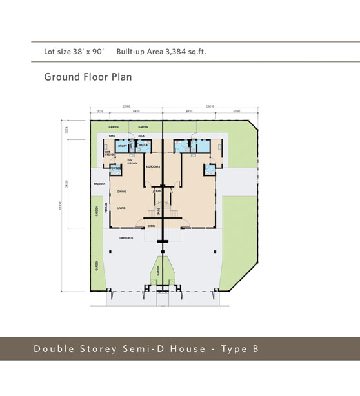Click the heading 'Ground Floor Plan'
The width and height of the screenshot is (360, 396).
(x=88, y=77)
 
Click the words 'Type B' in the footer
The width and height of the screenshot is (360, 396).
(x=239, y=349)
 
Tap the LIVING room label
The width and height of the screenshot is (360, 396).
(x=121, y=208)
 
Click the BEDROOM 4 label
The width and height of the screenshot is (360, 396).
(x=152, y=167)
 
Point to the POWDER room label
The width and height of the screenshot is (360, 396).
(x=116, y=170)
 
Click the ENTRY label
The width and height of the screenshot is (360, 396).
(x=151, y=226)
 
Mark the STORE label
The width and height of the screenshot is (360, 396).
(x=157, y=191)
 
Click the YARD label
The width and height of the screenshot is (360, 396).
(x=112, y=137)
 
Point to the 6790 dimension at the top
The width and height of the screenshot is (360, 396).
(x=236, y=112)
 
